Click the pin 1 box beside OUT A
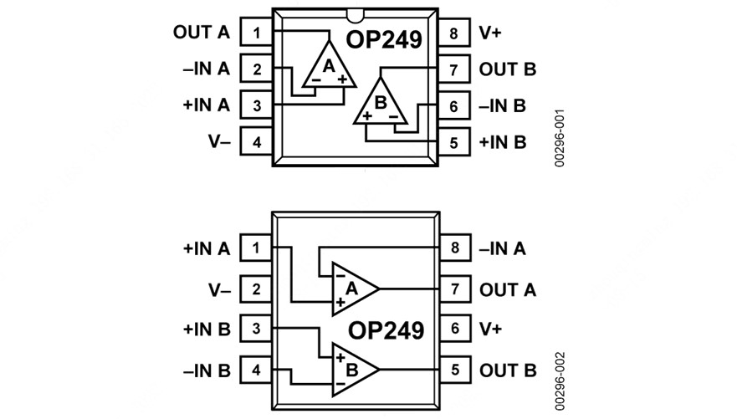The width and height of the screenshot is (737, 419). (x=257, y=33)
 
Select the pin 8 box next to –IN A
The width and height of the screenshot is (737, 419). (x=454, y=248)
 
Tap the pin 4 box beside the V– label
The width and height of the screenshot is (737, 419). (x=257, y=141)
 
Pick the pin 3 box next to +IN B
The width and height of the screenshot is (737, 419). (x=257, y=329)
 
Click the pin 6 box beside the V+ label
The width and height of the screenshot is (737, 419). (x=454, y=329)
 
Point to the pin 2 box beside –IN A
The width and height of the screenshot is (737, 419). (x=257, y=69)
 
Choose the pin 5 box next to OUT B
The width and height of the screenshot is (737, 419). (x=454, y=369)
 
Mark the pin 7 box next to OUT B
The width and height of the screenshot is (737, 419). (x=454, y=69)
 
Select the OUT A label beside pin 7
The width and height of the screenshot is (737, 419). (x=508, y=289)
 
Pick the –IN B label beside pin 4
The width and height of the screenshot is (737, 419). (x=206, y=369)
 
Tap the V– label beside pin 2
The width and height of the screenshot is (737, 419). (x=219, y=289)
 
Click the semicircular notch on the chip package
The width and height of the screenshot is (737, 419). (x=355, y=14)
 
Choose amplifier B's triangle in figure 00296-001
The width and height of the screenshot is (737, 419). (x=381, y=106)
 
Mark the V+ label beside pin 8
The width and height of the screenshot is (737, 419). (x=491, y=33)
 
